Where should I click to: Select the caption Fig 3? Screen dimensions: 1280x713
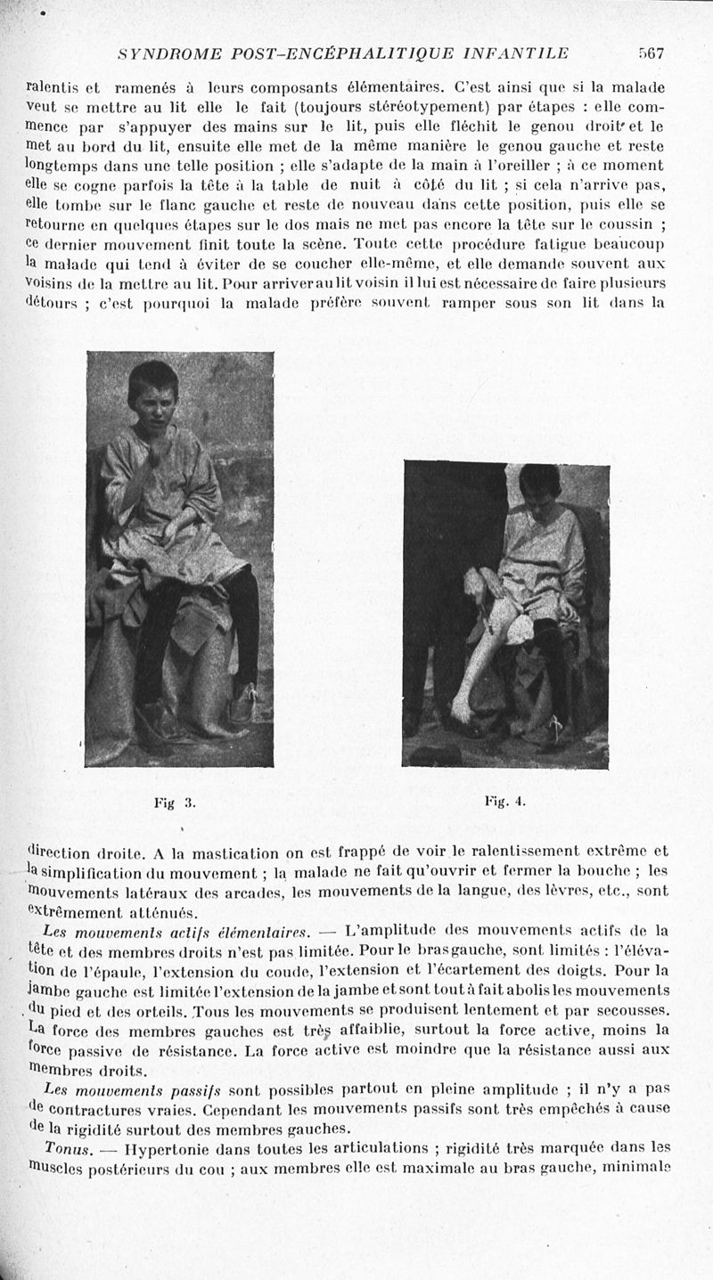174,802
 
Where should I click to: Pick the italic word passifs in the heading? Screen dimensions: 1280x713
200,1089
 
